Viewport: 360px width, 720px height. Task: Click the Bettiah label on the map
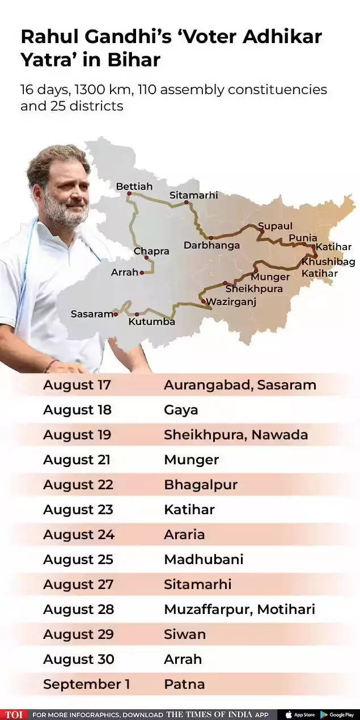tap(134, 186)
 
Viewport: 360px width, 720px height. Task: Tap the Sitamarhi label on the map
tap(193, 195)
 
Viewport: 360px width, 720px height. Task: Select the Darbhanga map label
tap(211, 245)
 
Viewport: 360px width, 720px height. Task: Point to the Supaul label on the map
tap(275, 226)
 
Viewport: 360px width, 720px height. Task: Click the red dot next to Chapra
tap(146, 258)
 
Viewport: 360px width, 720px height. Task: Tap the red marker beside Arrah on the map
tap(142, 273)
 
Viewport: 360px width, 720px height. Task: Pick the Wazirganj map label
tap(231, 302)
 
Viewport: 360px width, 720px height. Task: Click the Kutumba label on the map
tap(151, 321)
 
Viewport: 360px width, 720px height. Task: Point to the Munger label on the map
tap(270, 277)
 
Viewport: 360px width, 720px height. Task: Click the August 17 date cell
tap(77, 385)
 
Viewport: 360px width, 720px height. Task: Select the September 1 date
tap(86, 684)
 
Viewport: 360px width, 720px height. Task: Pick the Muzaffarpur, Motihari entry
tap(239, 609)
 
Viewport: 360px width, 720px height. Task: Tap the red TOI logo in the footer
tap(14, 714)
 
